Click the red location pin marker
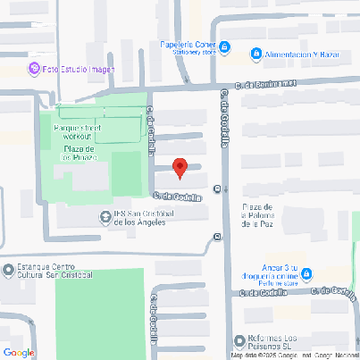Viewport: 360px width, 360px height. [180, 167]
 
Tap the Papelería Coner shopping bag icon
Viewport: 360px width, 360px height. [225, 46]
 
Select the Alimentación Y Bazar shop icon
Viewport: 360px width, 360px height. [256, 54]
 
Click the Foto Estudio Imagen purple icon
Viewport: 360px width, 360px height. [33, 69]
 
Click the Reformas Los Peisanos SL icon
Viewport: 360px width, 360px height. [239, 340]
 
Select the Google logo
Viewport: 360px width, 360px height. [18, 352]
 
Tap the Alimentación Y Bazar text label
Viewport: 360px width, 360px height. [305, 54]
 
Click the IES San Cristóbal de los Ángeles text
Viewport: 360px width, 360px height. [147, 218]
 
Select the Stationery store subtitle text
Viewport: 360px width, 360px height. [188, 52]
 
